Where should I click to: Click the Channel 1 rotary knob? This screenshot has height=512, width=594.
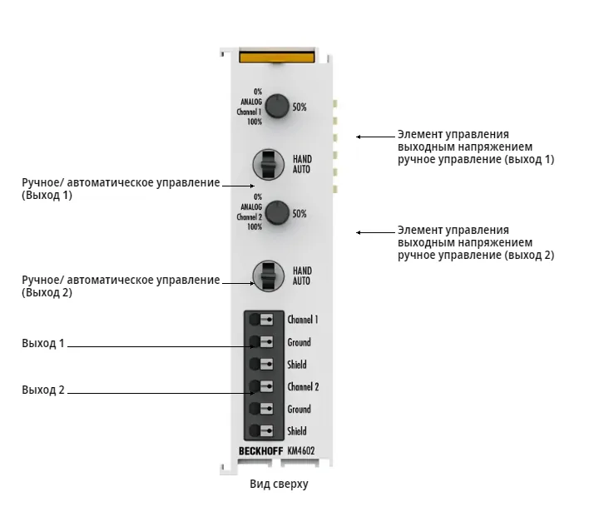tap(277, 106)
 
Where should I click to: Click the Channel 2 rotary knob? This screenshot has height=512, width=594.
tap(277, 213)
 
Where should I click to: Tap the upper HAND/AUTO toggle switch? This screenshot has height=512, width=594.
tap(268, 164)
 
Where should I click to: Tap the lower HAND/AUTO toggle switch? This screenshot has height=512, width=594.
tap(268, 276)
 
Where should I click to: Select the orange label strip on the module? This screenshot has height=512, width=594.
tap(277, 57)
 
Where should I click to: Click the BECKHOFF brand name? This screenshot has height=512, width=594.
tap(260, 451)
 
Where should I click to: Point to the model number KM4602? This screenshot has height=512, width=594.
tap(301, 450)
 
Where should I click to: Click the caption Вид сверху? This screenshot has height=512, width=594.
tap(279, 484)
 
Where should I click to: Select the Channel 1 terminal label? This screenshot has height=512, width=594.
tap(303, 320)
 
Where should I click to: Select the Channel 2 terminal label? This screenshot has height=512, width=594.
tap(303, 386)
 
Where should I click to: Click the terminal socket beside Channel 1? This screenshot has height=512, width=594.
tap(261, 320)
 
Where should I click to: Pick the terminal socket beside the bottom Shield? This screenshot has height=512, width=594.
tap(261, 431)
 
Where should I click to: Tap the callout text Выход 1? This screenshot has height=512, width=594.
tap(42, 343)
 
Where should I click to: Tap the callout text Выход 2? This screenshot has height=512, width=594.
tap(42, 390)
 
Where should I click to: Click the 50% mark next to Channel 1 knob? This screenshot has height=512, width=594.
tap(299, 107)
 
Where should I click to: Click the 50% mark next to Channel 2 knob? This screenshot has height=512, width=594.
tap(299, 214)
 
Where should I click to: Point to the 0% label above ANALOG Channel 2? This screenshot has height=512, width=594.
tap(258, 196)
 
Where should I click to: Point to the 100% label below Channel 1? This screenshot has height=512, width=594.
tap(255, 122)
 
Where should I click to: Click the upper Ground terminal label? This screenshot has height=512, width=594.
tap(299, 342)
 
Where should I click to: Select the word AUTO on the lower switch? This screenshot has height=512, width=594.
tap(301, 281)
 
